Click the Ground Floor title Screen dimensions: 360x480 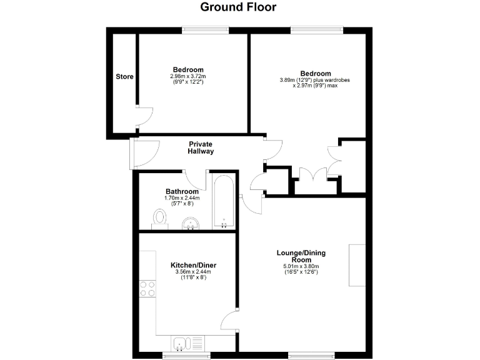237,7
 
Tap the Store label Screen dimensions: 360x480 124,77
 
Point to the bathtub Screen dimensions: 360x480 224,202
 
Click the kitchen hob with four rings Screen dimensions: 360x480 147,288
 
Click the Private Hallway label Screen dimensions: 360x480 201,147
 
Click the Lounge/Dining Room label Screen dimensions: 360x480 301,256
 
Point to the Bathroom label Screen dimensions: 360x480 182,192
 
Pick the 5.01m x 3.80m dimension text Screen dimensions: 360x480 301,267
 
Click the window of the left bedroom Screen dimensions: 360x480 205,29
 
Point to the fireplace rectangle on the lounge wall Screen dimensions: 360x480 357,265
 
